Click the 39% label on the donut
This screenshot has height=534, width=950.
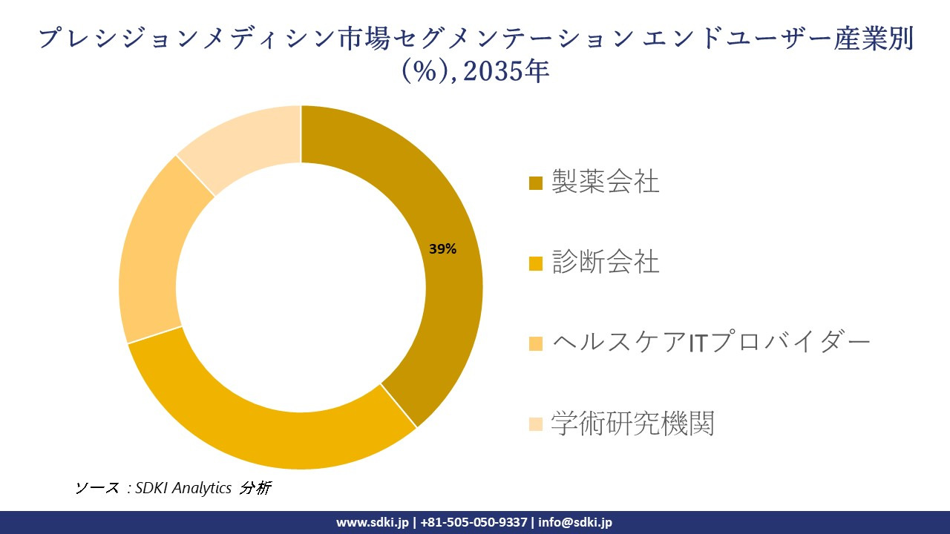point(442,249)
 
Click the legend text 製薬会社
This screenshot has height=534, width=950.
point(605,182)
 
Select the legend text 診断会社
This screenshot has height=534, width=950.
point(605,262)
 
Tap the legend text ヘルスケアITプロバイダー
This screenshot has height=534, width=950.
point(710,343)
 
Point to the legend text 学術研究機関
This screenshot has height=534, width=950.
point(632,423)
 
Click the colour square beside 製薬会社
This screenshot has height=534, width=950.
point(535,183)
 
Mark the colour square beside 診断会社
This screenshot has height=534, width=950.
point(535,263)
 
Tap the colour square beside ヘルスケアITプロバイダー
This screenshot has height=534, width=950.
point(535,344)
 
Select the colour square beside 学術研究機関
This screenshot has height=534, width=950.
point(535,424)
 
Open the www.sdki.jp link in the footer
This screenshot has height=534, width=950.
point(372,522)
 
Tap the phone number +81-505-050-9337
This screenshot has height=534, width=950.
point(474,522)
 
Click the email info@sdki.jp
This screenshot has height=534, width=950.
point(576,522)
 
